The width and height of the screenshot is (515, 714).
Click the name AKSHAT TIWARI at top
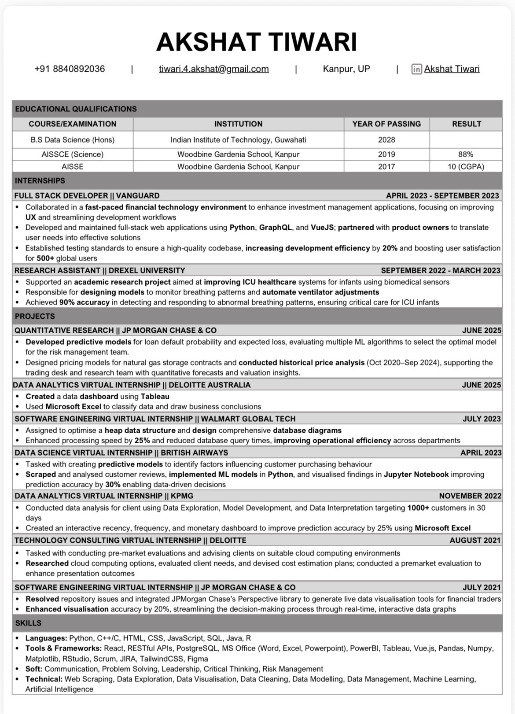coord(257,42)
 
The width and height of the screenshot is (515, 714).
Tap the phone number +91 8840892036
coord(70,69)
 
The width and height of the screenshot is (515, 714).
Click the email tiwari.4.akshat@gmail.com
coord(213,69)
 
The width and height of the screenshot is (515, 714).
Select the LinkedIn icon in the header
coord(416,69)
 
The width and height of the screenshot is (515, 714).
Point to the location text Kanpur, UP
coord(346,69)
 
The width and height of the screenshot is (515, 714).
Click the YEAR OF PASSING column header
coord(386,124)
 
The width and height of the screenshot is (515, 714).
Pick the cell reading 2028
coord(386,140)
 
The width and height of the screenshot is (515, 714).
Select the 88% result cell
coord(465,155)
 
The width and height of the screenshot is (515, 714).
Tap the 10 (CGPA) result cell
coord(466,167)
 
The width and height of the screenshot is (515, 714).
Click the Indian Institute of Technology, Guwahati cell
coord(238,140)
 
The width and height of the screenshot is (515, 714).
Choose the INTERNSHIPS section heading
coord(40,181)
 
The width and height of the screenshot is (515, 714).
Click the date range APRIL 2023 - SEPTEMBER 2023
coord(442,196)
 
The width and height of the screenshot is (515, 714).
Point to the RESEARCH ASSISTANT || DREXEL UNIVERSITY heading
coord(99,271)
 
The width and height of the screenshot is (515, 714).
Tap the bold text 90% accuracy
coord(84,302)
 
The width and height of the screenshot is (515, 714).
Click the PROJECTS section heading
coord(35,317)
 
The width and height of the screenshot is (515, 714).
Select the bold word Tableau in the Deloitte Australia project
coord(155,397)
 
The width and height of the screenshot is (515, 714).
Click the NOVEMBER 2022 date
coord(470,496)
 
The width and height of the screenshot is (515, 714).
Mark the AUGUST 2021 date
coord(475,541)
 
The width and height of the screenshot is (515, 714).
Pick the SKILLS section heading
coord(28,623)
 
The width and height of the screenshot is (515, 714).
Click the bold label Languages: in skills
coord(46,638)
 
